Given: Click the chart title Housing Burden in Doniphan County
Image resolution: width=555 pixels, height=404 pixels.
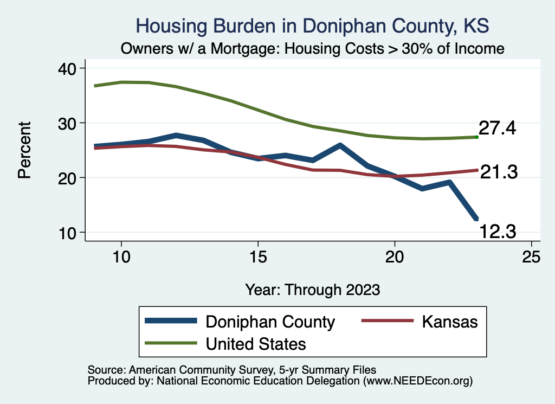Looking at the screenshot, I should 312,25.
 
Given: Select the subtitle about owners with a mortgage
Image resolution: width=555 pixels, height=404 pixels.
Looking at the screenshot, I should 313,49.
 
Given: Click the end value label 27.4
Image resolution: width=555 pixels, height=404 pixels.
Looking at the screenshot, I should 498,130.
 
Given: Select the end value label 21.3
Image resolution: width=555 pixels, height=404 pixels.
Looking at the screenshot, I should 498,172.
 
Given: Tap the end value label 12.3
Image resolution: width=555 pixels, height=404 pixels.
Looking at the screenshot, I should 498,233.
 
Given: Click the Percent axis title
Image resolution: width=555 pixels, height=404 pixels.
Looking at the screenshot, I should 24,150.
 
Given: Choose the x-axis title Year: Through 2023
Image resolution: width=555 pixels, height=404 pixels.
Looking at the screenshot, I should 312,289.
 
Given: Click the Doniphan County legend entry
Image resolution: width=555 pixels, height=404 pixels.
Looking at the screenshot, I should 270,322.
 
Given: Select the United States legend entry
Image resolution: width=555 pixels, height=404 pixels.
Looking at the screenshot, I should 255,343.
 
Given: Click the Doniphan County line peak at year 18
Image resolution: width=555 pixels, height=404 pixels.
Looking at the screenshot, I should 340,145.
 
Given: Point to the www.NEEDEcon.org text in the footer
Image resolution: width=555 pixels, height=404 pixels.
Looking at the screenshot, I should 417,381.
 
